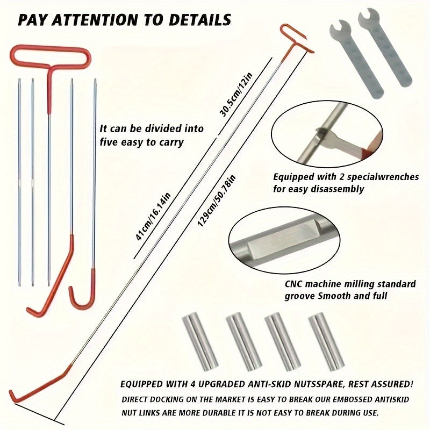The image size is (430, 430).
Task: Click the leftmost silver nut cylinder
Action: point(193,341)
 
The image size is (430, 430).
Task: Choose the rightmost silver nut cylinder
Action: point(321,341)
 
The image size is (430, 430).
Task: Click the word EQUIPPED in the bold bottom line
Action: point(144,385)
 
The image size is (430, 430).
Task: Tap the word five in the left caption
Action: point(111,142)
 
